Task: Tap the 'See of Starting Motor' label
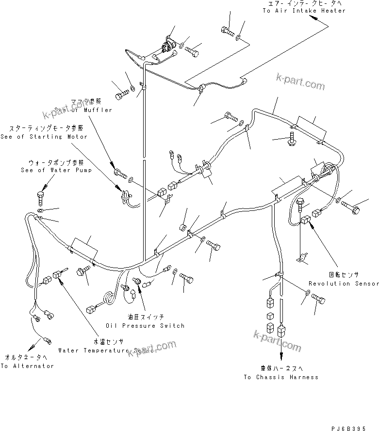45,137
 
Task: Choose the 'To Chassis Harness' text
281,377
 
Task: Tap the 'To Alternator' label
27,366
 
